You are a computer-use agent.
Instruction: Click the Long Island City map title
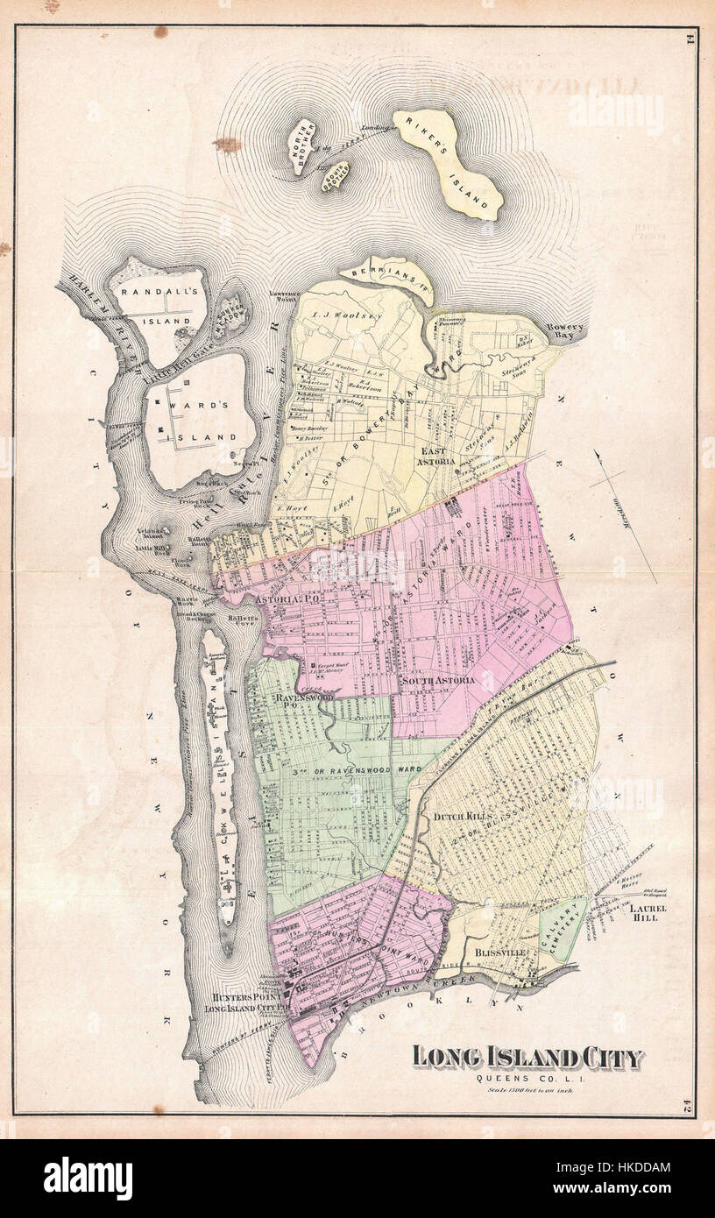point(527,1057)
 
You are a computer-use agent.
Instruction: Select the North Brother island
point(305,146)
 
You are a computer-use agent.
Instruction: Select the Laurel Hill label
point(648,913)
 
